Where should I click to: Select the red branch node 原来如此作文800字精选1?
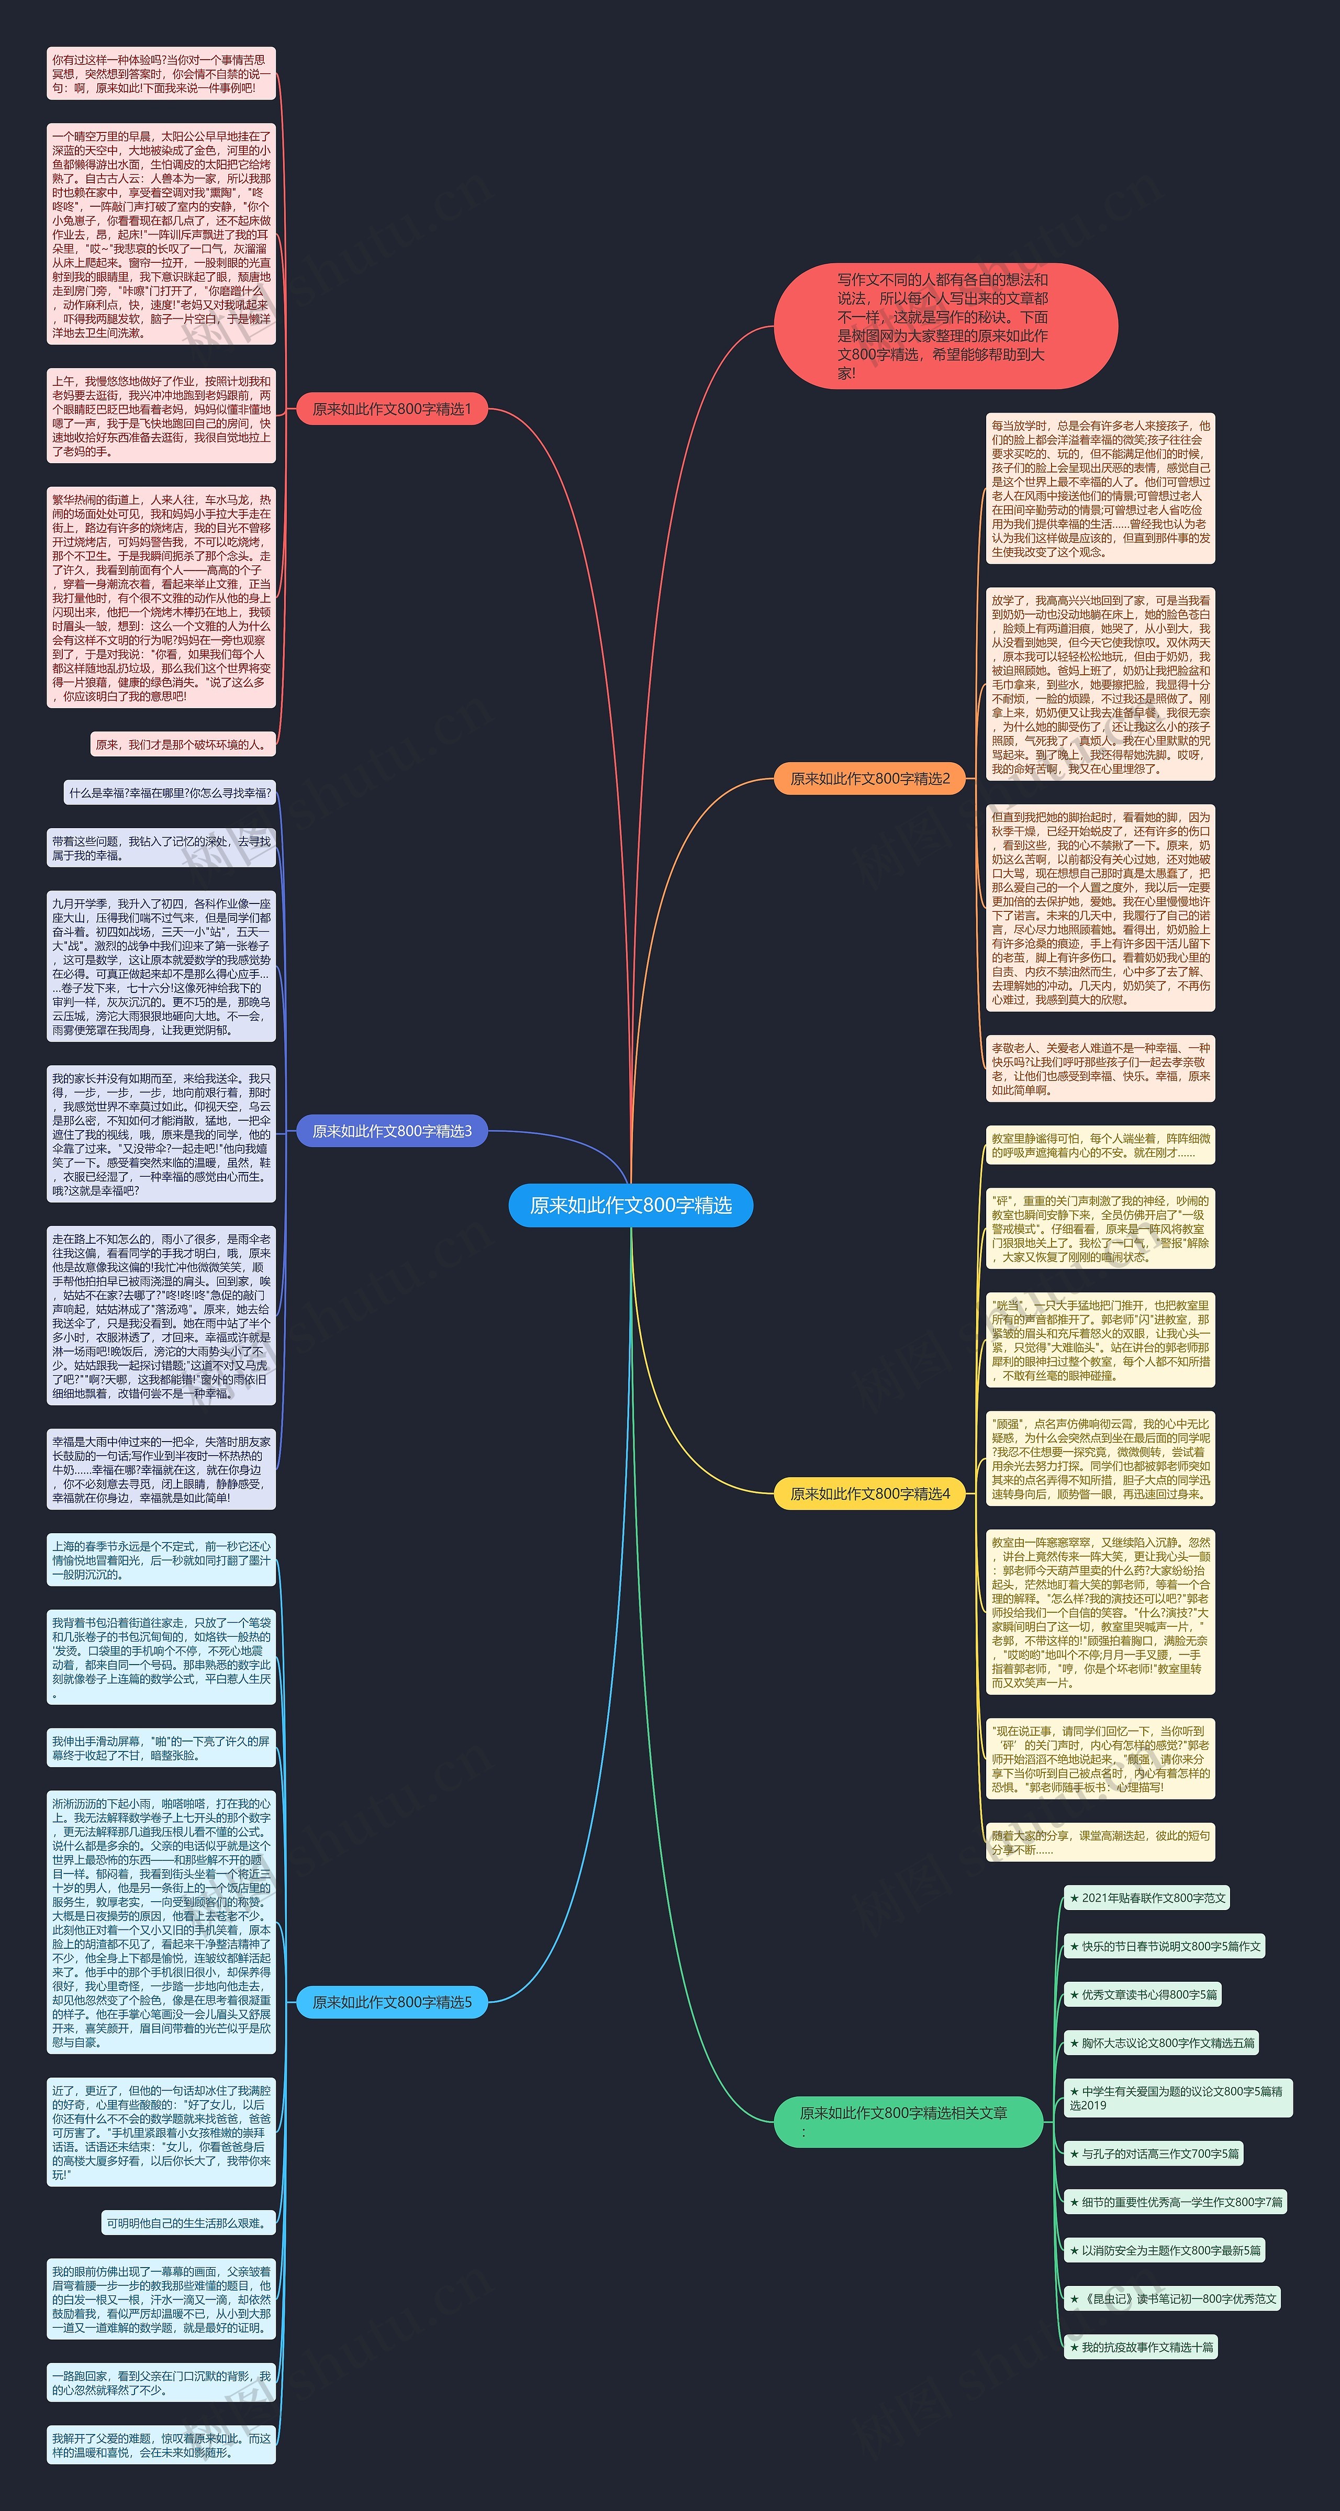click(x=391, y=409)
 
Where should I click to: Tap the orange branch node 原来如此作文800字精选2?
click(x=869, y=778)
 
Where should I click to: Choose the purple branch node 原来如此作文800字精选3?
click(x=391, y=1131)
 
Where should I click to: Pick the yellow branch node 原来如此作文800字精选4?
click(x=869, y=1493)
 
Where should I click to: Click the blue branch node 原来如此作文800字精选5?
click(x=391, y=2002)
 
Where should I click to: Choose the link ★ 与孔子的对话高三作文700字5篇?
click(x=1153, y=2153)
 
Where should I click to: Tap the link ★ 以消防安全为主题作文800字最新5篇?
click(x=1164, y=2250)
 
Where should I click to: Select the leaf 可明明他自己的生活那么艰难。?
click(x=188, y=2223)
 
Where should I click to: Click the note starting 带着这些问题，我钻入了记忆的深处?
click(x=161, y=848)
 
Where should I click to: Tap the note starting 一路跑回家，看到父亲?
click(x=161, y=2382)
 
